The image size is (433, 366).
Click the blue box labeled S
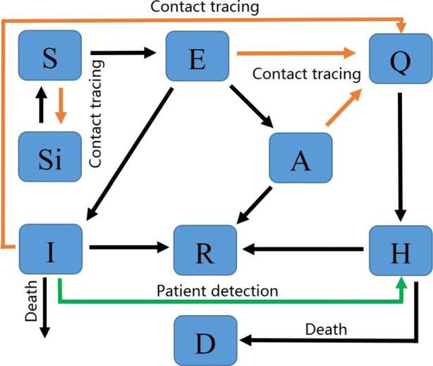pyautogui.click(x=50, y=55)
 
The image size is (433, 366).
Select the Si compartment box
pyautogui.click(x=50, y=157)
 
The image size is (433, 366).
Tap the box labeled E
pyautogui.click(x=197, y=56)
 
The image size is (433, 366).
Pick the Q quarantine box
pyautogui.click(x=401, y=59)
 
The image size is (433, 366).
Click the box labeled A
pyautogui.click(x=300, y=158)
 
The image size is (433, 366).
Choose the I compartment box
pyautogui.click(x=51, y=249)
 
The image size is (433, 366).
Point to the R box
pyautogui.click(x=205, y=250)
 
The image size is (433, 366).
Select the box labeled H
pyautogui.click(x=401, y=250)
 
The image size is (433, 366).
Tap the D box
pyautogui.click(x=206, y=341)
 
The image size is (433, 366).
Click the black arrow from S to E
pyautogui.click(x=123, y=52)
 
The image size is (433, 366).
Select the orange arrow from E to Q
pyautogui.click(x=296, y=53)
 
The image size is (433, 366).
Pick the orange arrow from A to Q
pyautogui.click(x=344, y=107)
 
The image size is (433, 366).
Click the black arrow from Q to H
pyautogui.click(x=401, y=157)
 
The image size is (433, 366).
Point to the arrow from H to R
pyautogui.click(x=303, y=249)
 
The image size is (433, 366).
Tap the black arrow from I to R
pyautogui.click(x=129, y=247)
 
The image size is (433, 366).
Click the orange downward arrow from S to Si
pyautogui.click(x=61, y=106)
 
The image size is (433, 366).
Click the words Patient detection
pyautogui.click(x=217, y=291)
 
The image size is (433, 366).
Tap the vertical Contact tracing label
pyautogui.click(x=96, y=114)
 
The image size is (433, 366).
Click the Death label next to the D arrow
pyautogui.click(x=326, y=329)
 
